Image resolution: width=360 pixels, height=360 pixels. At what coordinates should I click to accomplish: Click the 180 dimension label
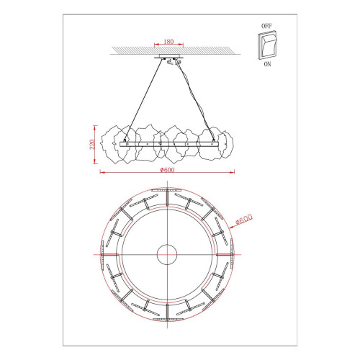[x=168, y=42]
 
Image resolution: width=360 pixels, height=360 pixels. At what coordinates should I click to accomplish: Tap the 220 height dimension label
[x=92, y=144]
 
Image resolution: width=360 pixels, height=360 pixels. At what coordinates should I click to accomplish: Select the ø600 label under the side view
[x=167, y=170]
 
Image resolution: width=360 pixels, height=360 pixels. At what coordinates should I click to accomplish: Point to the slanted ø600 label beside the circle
[x=244, y=219]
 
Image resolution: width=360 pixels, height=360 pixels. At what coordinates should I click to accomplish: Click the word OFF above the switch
[x=266, y=26]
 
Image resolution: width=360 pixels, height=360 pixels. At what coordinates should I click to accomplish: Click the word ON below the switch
[x=267, y=64]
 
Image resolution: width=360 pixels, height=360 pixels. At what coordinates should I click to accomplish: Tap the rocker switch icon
[x=267, y=45]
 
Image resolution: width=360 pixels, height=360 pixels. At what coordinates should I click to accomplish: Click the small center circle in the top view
[x=167, y=254]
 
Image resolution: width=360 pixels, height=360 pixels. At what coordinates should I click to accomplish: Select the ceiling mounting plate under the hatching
[x=169, y=57]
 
